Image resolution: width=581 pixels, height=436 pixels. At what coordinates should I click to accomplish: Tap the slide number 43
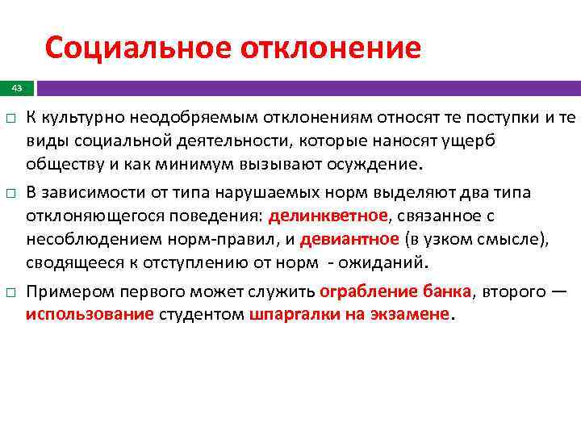tap(17, 87)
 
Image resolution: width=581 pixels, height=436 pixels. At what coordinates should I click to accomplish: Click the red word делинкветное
tap(328, 216)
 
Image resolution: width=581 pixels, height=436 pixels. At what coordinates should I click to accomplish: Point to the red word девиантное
tap(349, 240)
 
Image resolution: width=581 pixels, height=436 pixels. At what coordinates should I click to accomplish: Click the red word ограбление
tap(369, 291)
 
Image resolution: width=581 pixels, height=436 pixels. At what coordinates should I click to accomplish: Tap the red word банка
tap(449, 291)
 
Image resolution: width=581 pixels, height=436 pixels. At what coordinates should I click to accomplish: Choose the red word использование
tap(89, 315)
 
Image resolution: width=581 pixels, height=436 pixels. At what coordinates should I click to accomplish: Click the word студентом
tap(200, 315)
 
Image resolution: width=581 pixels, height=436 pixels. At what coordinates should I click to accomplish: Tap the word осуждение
tap(370, 165)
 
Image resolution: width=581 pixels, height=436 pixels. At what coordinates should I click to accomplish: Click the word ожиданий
tap(391, 263)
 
